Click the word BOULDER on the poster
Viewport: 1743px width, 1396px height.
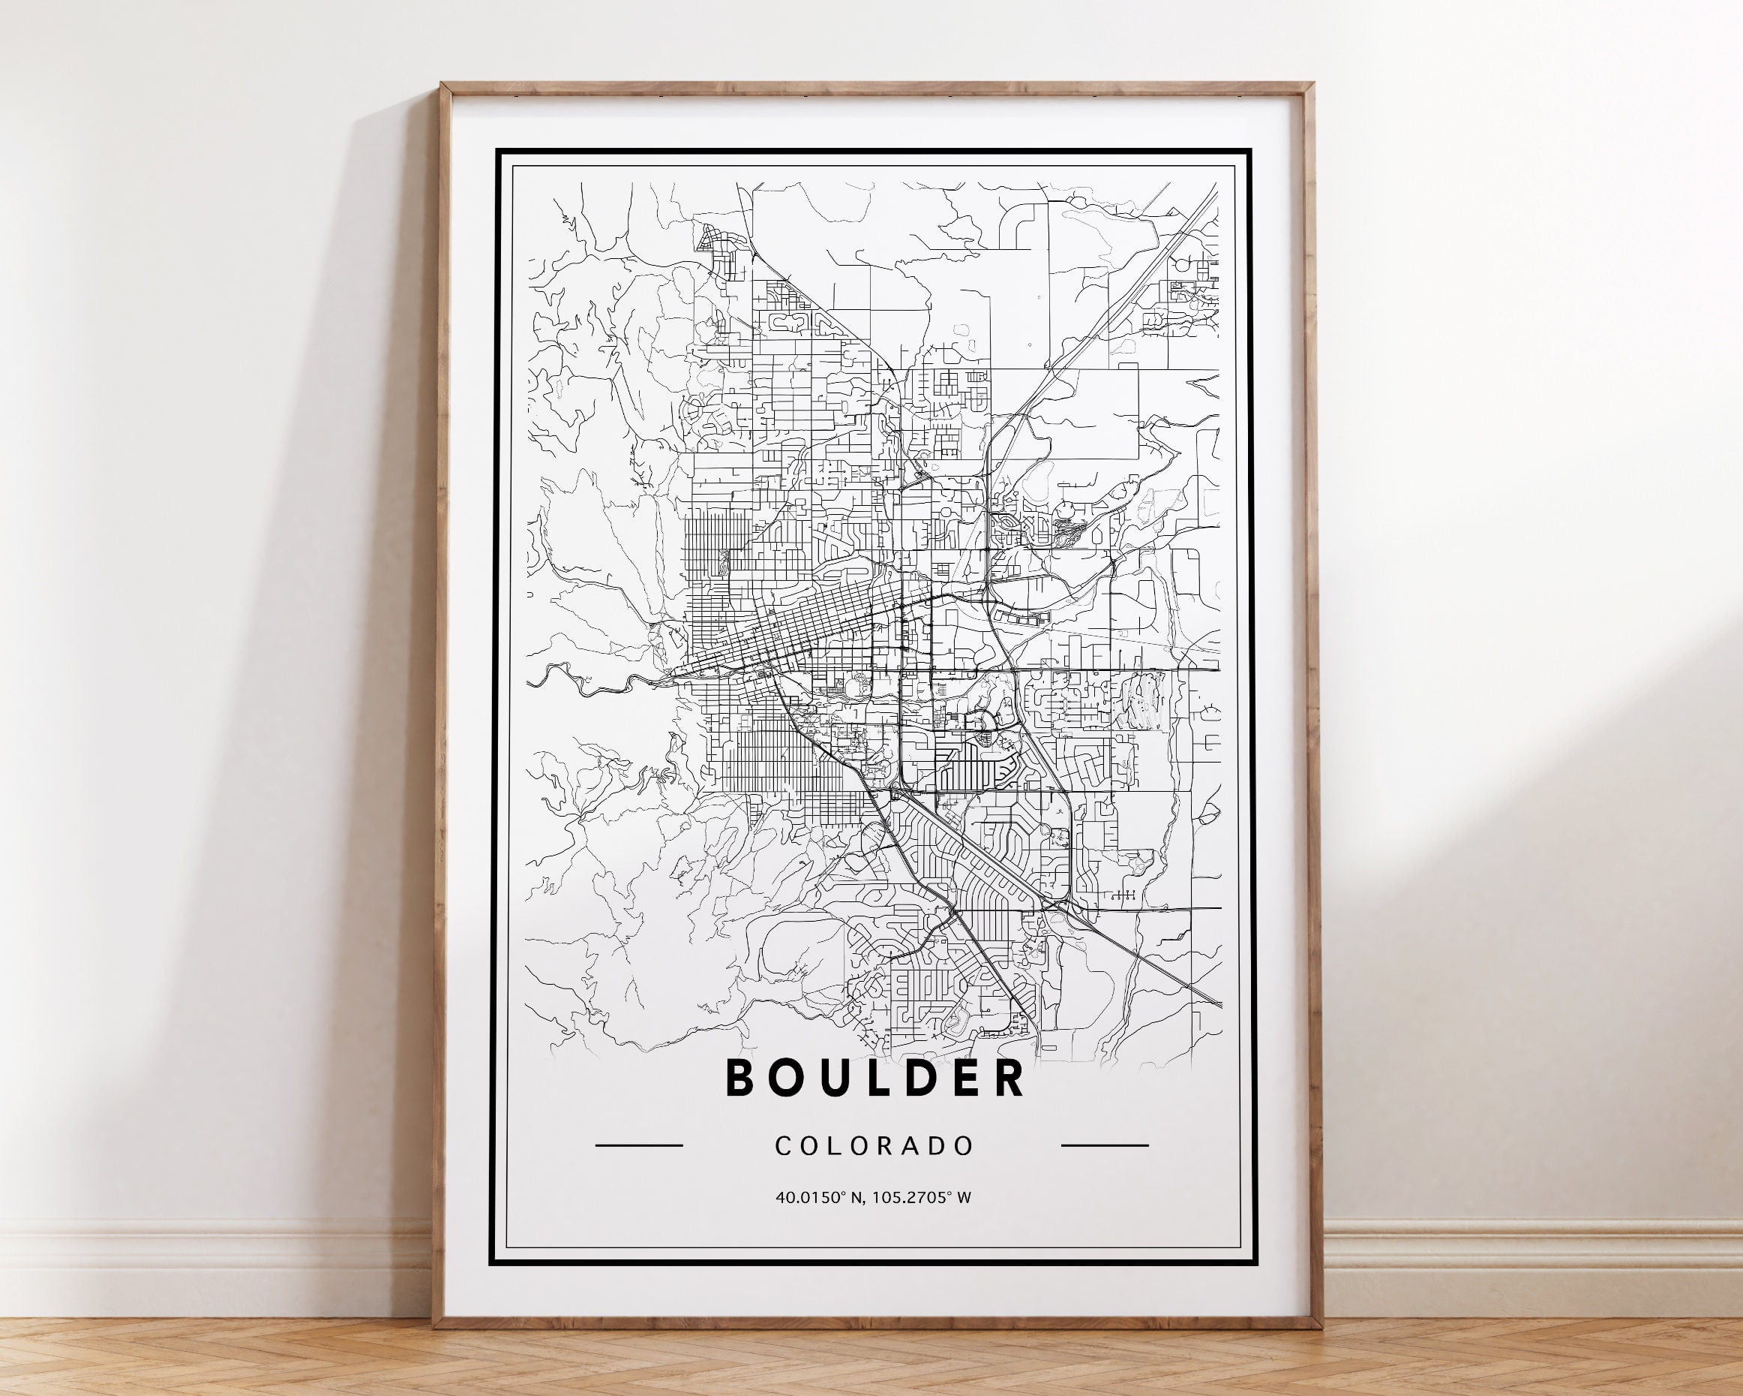point(875,1077)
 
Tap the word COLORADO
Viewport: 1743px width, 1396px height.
point(874,1146)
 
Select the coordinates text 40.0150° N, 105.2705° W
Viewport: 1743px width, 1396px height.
point(873,1198)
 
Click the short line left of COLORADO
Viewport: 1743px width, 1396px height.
point(639,1145)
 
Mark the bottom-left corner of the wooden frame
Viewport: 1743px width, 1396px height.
point(436,1324)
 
